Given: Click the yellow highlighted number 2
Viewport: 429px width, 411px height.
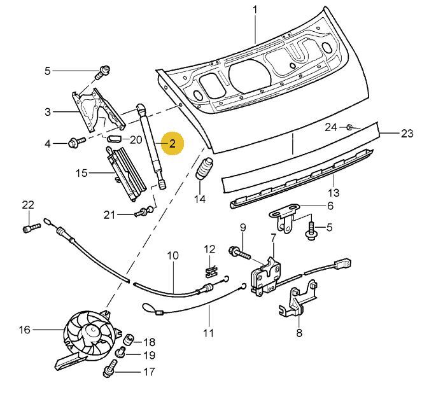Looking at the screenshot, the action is click(x=172, y=143).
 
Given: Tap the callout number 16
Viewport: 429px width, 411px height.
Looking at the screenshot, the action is click(x=24, y=330).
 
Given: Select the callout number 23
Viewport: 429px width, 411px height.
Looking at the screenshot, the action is click(x=407, y=134).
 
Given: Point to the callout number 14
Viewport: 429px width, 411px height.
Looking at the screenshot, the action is click(x=200, y=199).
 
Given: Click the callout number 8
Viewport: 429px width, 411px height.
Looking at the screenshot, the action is click(x=299, y=333).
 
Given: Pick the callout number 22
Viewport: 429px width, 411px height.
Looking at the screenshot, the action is click(x=28, y=205).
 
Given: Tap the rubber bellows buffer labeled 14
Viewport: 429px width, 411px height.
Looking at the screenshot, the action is click(x=204, y=169).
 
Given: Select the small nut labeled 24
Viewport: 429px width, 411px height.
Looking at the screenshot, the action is click(x=349, y=127).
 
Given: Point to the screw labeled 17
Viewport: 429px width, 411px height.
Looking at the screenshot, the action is click(x=110, y=368).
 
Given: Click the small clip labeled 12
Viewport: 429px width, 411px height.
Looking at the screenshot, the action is click(x=211, y=272).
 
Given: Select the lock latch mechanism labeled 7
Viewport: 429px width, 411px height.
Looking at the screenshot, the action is click(x=265, y=277).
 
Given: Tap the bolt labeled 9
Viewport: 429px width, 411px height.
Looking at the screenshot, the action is click(x=240, y=253).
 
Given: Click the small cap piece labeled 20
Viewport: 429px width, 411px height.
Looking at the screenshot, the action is click(x=114, y=139).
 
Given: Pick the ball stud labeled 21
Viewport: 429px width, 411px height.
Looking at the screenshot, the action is click(x=144, y=211).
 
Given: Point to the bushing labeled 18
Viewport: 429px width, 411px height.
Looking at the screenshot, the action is click(x=129, y=339).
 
